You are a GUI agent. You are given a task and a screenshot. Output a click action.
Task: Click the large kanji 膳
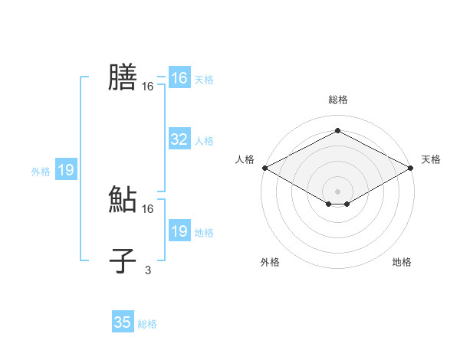tap(123, 77)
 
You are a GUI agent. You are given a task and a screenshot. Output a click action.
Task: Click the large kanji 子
tap(123, 261)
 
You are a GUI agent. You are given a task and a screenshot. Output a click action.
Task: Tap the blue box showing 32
tap(179, 139)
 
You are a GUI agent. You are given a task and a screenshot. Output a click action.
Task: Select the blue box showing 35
tap(123, 322)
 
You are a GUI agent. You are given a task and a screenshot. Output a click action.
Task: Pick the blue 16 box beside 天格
tap(179, 78)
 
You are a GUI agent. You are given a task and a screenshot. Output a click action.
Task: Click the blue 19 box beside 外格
tap(66, 170)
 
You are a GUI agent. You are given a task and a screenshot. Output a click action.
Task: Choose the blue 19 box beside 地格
tap(179, 231)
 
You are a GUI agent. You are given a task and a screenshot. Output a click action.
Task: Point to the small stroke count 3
tap(148, 270)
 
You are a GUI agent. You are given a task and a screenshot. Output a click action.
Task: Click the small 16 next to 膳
tap(148, 87)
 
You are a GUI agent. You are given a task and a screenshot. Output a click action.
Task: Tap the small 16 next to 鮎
tap(148, 208)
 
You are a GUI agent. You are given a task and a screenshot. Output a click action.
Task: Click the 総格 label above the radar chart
tap(337, 100)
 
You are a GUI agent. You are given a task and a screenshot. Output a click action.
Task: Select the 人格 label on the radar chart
tap(245, 159)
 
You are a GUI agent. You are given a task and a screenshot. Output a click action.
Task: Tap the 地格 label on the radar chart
tap(402, 262)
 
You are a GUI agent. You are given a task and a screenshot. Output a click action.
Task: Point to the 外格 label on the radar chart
tap(270, 262)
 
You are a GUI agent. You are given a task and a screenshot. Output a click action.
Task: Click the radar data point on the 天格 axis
tap(411, 168)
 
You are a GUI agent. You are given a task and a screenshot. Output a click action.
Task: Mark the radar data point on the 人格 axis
tap(264, 168)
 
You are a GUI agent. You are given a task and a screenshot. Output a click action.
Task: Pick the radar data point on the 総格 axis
tap(337, 131)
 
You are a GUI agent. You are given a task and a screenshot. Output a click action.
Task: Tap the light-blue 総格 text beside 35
tap(147, 324)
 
